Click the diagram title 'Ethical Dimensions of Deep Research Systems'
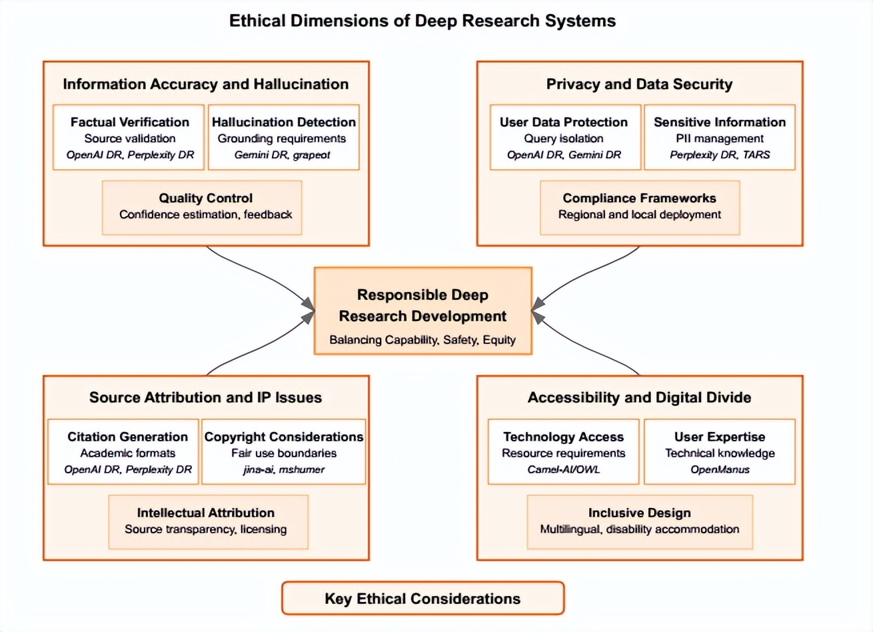423,21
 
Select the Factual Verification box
129,137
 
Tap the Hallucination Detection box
284,137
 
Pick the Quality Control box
202,208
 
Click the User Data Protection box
566,137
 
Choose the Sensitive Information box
720,137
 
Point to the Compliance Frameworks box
640,208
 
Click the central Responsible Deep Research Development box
423,311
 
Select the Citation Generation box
123,451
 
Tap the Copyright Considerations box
284,451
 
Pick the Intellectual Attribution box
209,522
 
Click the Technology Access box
564,451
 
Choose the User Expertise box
720,451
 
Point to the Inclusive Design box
640,522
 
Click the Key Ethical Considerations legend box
423,598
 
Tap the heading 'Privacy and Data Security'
640,84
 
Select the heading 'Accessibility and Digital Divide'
640,397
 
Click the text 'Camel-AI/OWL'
564,469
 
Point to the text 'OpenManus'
720,469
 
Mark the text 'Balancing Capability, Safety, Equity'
423,340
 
